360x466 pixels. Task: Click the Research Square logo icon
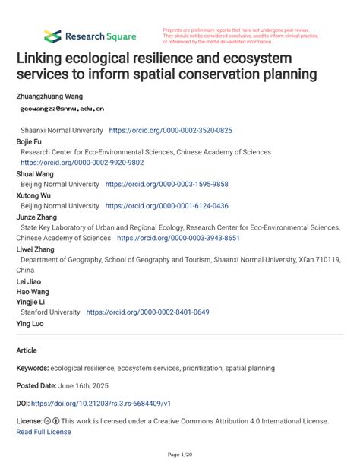pos(52,36)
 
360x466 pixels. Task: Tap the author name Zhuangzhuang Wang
pos(50,97)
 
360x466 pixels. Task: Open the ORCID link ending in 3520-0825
pos(171,131)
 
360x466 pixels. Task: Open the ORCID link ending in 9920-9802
pos(82,163)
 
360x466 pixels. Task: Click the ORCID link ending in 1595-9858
pos(166,184)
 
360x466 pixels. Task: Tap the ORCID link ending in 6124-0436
pos(166,206)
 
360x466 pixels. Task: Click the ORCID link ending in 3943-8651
pos(178,238)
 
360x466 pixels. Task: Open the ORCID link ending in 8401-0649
pos(147,312)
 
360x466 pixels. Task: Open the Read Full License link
pos(43,432)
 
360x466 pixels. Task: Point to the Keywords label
pos(33,368)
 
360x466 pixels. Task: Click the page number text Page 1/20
pos(179,455)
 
